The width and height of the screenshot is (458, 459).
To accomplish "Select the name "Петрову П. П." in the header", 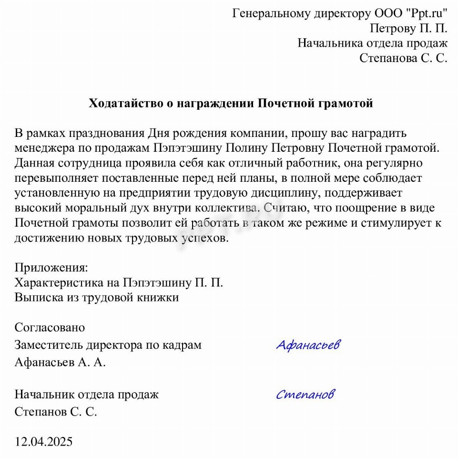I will pos(408,28).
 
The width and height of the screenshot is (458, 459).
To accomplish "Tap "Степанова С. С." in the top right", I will pos(403,58).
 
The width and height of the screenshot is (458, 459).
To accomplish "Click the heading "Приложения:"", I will pos(51,267).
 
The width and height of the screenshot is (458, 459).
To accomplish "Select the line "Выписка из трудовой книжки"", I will pos(97,297).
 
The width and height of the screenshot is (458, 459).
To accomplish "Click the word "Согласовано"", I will pos(50,328).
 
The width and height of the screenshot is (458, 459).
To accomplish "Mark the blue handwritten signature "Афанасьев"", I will pos(308,344).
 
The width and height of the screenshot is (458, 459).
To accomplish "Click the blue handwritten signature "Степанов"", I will pos(305,394).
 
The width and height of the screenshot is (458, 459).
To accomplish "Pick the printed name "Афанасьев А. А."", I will pos(60,362).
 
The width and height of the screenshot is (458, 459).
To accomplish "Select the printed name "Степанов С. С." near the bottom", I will pos(56,412).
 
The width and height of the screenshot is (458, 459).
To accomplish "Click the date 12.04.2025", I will pos(44,442).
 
